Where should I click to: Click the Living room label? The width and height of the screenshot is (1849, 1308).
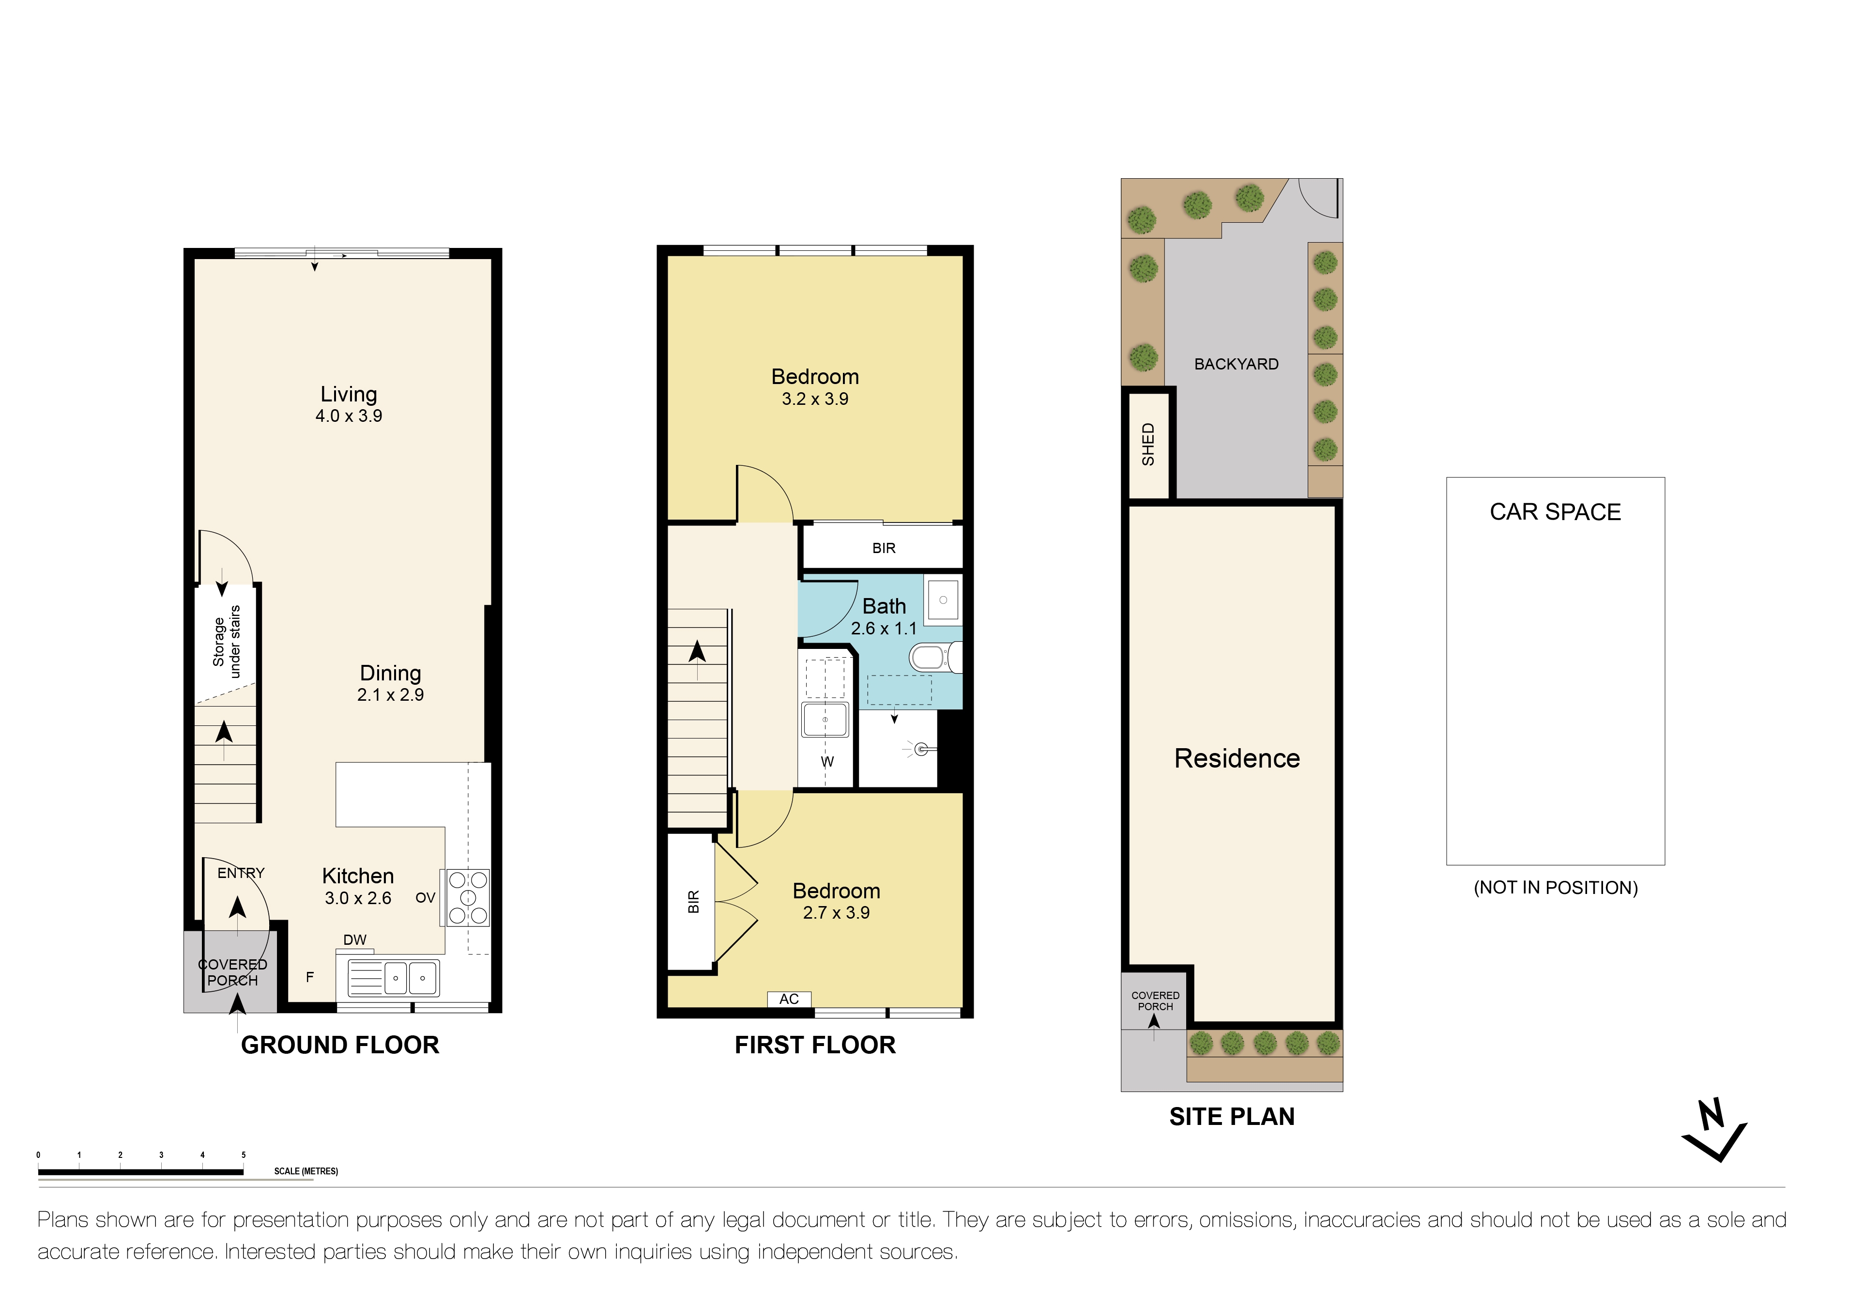click(x=349, y=395)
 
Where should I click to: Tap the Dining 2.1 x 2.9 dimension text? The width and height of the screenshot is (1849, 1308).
click(x=391, y=695)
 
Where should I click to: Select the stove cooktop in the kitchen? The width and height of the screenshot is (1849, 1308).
click(x=468, y=898)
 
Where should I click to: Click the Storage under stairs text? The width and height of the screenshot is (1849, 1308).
click(x=226, y=642)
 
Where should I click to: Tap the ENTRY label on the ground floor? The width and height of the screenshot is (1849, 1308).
click(x=241, y=873)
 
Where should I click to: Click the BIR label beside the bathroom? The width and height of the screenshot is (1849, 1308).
click(x=884, y=549)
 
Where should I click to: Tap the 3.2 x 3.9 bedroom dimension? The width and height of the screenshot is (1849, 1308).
click(x=815, y=400)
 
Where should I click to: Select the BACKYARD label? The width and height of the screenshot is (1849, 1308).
click(x=1236, y=364)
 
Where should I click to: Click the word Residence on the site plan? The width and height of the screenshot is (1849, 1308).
click(x=1237, y=759)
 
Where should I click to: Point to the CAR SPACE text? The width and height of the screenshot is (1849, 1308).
click(x=1555, y=512)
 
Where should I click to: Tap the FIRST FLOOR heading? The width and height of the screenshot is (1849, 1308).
click(x=815, y=1046)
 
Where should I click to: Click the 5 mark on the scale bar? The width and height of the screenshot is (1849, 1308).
click(x=243, y=1155)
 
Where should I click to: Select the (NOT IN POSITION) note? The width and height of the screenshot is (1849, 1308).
click(x=1555, y=888)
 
